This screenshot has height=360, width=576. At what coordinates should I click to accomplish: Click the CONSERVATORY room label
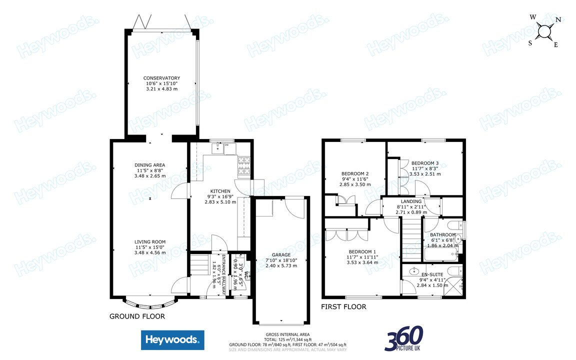click(161, 78)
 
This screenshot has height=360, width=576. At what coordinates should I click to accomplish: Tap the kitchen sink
click(217, 147)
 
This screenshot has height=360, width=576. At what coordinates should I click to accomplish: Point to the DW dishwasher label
click(226, 145)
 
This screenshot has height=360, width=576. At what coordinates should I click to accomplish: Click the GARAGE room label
click(281, 254)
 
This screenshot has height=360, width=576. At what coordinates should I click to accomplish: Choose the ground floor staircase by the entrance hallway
click(199, 264)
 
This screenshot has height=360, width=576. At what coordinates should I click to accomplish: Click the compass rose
click(544, 31)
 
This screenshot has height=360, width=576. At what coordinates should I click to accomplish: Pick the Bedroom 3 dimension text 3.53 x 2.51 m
click(425, 174)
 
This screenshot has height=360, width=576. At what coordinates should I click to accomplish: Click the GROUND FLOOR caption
click(136, 316)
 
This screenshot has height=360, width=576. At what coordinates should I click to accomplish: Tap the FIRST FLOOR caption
click(343, 307)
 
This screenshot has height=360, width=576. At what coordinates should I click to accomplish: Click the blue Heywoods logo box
click(172, 340)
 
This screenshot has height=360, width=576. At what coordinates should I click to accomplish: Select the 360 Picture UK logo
click(404, 338)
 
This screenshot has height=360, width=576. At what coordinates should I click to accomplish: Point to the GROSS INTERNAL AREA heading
click(287, 334)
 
